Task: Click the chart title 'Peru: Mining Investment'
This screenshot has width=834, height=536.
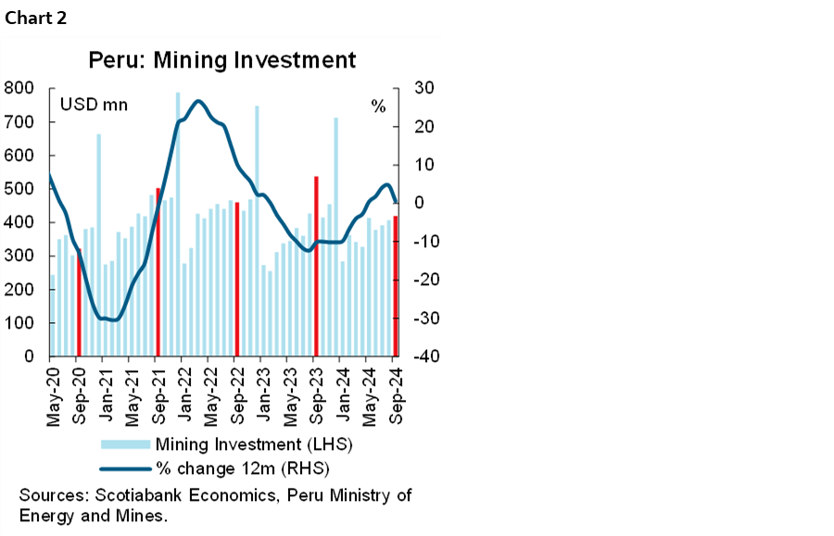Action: (222, 60)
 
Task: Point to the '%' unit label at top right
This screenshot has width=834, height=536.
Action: (378, 106)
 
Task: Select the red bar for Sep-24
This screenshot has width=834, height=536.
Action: (396, 287)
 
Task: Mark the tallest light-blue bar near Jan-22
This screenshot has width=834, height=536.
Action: (178, 222)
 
